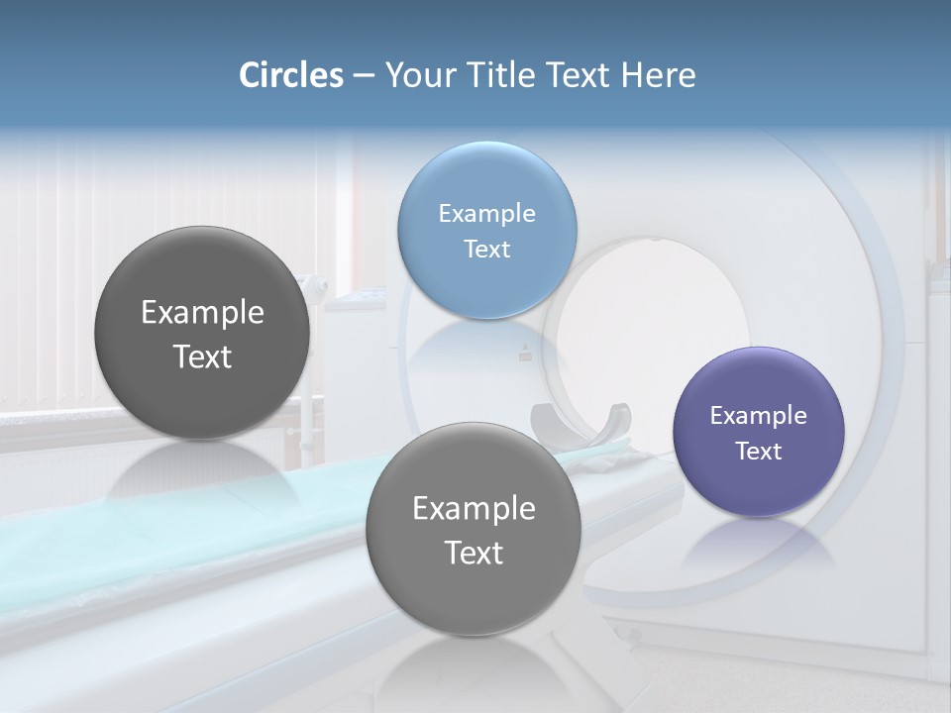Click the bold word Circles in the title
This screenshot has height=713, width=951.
click(x=290, y=75)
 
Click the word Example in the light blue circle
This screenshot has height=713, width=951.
click(x=486, y=213)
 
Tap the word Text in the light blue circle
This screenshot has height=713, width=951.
click(x=486, y=249)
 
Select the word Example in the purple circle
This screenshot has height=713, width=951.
click(x=758, y=415)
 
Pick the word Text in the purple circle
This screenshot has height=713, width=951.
click(x=758, y=451)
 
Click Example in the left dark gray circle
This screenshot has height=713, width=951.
click(x=202, y=312)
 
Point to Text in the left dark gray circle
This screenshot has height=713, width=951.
click(x=202, y=356)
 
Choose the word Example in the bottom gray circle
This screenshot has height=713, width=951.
click(x=474, y=508)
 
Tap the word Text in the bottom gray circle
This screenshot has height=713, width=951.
click(x=474, y=553)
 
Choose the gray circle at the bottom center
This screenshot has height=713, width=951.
click(x=474, y=594)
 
